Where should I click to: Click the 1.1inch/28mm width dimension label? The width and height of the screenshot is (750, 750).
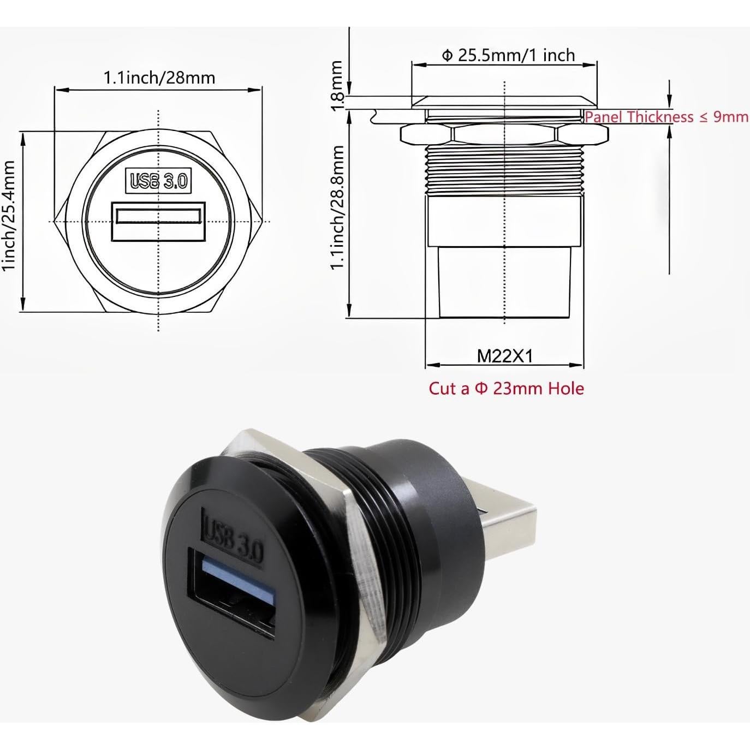(x=159, y=78)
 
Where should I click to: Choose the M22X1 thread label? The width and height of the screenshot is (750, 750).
(x=504, y=356)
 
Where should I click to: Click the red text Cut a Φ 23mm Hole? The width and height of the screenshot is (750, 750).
(x=506, y=389)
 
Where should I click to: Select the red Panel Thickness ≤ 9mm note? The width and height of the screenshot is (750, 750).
(x=666, y=117)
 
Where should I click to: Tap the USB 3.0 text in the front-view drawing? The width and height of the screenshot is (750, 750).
(x=158, y=181)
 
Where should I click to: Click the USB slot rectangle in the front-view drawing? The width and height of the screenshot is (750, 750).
(x=158, y=221)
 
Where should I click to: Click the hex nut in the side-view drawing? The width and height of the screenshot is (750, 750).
(x=504, y=134)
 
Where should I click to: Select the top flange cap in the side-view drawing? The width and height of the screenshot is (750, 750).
(x=504, y=102)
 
